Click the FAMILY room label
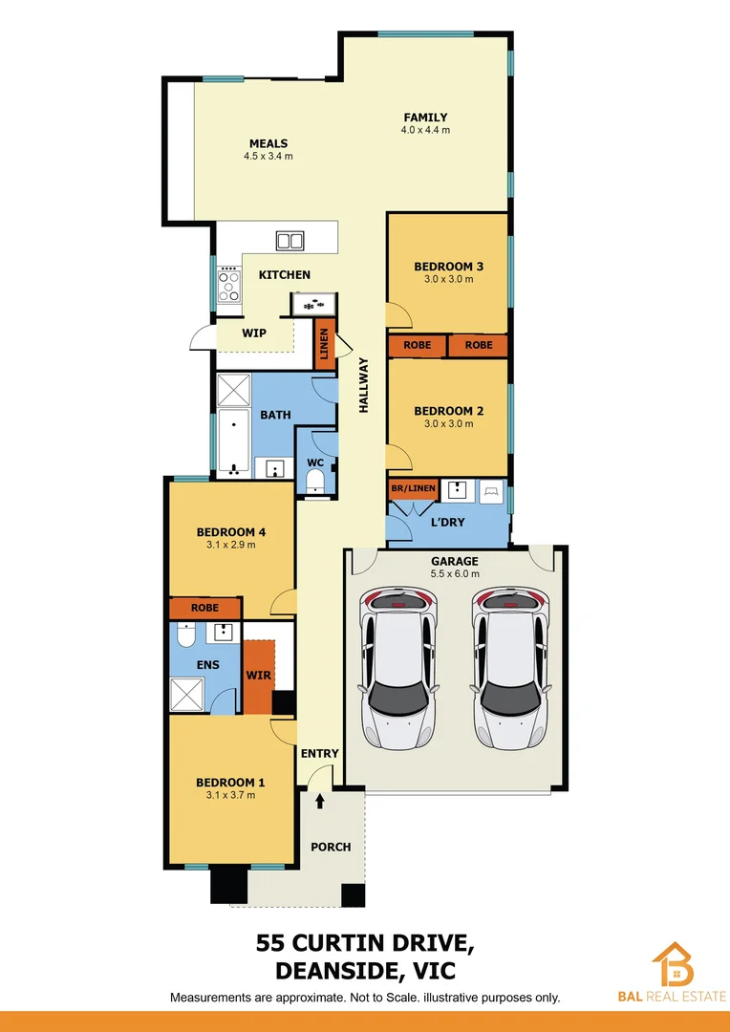click(x=425, y=118)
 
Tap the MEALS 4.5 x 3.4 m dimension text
click(x=268, y=156)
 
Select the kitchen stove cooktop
click(x=229, y=284)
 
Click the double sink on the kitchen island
click(x=290, y=241)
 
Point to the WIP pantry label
click(x=253, y=333)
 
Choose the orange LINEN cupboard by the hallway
click(x=325, y=344)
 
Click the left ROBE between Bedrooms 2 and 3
click(x=418, y=345)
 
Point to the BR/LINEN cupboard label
click(x=413, y=488)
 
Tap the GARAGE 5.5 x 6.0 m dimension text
click(x=455, y=574)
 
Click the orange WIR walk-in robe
click(x=258, y=677)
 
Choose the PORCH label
click(x=331, y=847)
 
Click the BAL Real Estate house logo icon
click(x=674, y=964)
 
